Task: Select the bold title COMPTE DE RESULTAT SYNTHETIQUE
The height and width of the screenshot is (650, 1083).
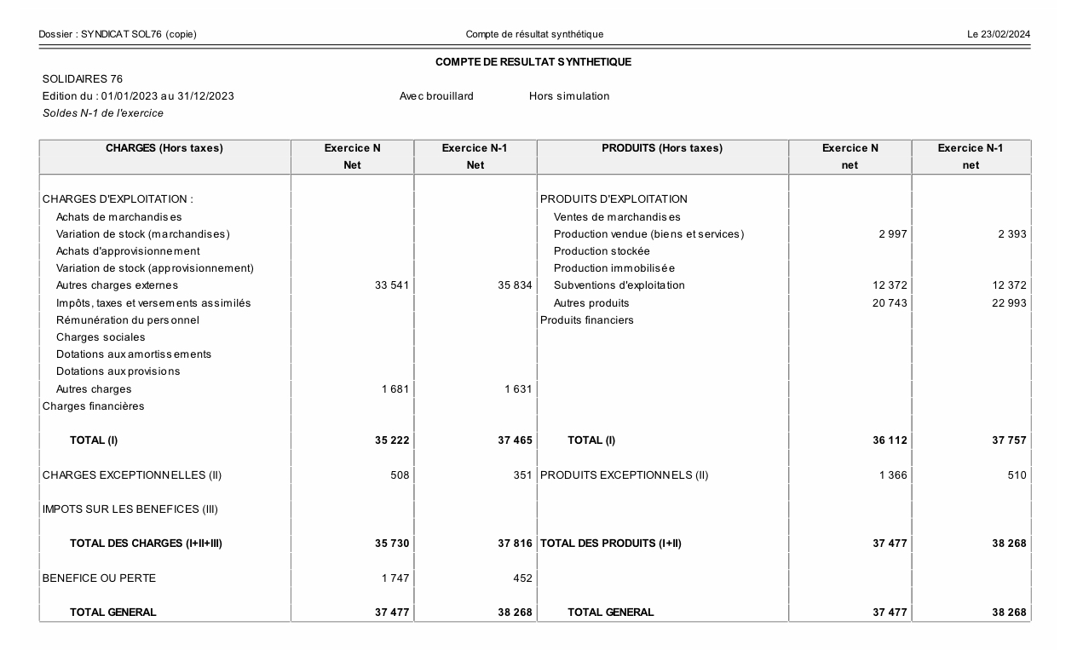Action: [533, 62]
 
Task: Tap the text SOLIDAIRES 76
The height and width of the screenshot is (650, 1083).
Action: [83, 79]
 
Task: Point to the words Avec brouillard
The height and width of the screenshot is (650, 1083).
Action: [436, 96]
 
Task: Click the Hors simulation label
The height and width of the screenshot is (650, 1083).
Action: [569, 96]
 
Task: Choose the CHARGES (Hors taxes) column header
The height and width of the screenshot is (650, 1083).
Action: [164, 148]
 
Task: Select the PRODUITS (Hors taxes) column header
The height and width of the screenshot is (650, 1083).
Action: [662, 148]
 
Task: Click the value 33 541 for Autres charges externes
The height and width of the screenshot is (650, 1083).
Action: [392, 285]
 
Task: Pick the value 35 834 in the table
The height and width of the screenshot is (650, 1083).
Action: [515, 285]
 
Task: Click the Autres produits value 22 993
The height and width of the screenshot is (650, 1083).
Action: [1010, 303]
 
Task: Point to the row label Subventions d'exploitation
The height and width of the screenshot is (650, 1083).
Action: [619, 285]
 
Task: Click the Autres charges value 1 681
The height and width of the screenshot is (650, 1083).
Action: [395, 389]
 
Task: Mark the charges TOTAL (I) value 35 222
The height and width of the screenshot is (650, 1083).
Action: [392, 440]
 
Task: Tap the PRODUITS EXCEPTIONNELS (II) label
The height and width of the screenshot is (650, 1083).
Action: [624, 475]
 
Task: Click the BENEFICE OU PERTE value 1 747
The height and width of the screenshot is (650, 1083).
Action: [395, 578]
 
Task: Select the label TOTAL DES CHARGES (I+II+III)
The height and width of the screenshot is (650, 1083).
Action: [146, 544]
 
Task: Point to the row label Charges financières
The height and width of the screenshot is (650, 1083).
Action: [94, 406]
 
